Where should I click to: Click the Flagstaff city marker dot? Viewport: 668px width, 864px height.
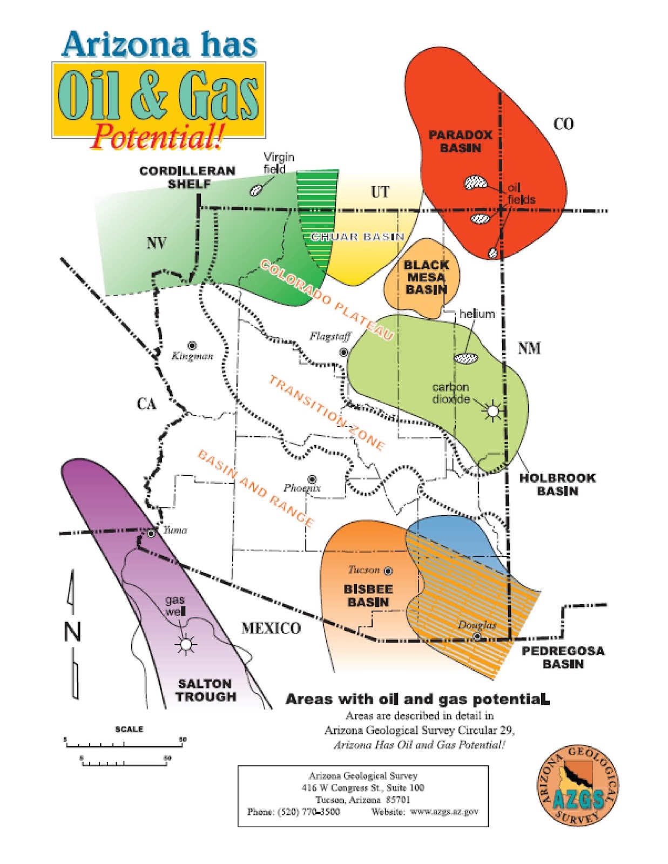point(343,352)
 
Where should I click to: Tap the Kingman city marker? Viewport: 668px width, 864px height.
point(192,345)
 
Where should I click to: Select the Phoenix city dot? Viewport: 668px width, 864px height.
point(312,480)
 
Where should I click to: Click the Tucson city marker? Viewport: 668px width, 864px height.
point(388,571)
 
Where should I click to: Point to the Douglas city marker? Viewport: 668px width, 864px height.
point(477,637)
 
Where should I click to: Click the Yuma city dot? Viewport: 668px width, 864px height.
point(151,534)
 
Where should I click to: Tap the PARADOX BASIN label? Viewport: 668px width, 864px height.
point(461,141)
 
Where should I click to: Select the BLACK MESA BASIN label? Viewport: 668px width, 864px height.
point(427,277)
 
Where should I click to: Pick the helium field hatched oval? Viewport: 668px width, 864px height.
point(466,357)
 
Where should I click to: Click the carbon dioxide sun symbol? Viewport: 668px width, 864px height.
point(492,411)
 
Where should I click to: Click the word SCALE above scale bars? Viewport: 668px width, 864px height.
point(129,729)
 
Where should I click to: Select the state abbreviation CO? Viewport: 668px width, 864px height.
point(563,124)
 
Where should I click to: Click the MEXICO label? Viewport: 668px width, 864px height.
point(271,628)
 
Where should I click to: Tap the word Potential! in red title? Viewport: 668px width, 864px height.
point(157,137)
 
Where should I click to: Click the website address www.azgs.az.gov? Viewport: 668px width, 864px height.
point(444,812)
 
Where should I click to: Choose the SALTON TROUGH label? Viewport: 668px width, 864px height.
point(205,690)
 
